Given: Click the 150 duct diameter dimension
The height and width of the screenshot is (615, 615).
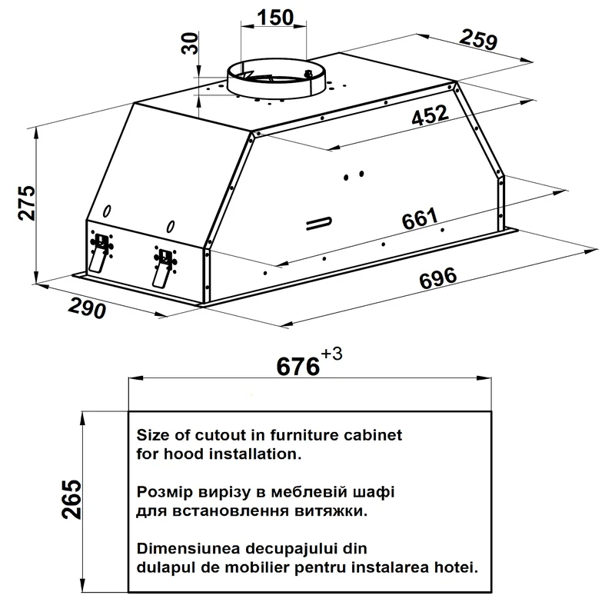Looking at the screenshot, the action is pyautogui.click(x=275, y=17).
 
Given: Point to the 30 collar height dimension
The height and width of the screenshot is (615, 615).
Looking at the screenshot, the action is pyautogui.click(x=191, y=44).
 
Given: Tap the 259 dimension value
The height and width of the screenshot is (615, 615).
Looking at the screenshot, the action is pyautogui.click(x=478, y=39).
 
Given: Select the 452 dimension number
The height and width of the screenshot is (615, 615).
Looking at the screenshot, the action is pyautogui.click(x=430, y=115).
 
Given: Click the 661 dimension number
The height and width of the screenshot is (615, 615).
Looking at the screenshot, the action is pyautogui.click(x=420, y=219).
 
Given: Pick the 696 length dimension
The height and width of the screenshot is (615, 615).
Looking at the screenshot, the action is pyautogui.click(x=437, y=278).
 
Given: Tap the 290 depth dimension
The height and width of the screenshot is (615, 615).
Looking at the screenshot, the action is pyautogui.click(x=87, y=308).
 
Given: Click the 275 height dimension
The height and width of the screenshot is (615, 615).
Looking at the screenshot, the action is pyautogui.click(x=28, y=203).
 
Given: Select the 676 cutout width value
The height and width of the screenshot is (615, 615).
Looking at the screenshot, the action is pyautogui.click(x=298, y=367).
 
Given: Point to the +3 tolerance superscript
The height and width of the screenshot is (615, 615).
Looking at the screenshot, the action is pyautogui.click(x=331, y=354).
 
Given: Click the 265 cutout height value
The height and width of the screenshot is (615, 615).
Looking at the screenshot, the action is pyautogui.click(x=71, y=499).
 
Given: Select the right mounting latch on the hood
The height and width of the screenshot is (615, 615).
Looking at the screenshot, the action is pyautogui.click(x=165, y=268).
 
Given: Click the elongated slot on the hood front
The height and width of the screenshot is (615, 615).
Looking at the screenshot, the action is pyautogui.click(x=318, y=223).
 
